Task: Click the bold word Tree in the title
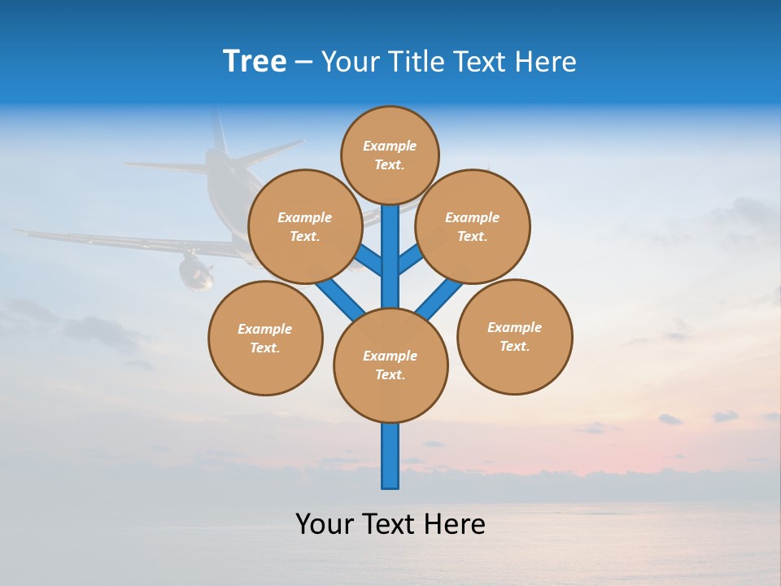pyautogui.click(x=255, y=62)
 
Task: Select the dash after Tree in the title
pyautogui.click(x=303, y=63)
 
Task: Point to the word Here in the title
pyautogui.click(x=546, y=62)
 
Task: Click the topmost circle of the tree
pyautogui.click(x=390, y=155)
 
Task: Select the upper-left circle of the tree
pyautogui.click(x=305, y=226)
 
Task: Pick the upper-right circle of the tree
pyautogui.click(x=473, y=226)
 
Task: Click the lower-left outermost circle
pyautogui.click(x=265, y=338)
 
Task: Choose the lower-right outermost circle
pyautogui.click(x=514, y=336)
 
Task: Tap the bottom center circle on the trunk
pyautogui.click(x=390, y=365)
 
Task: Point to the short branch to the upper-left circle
pyautogui.click(x=369, y=260)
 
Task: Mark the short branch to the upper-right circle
pyautogui.click(x=411, y=259)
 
